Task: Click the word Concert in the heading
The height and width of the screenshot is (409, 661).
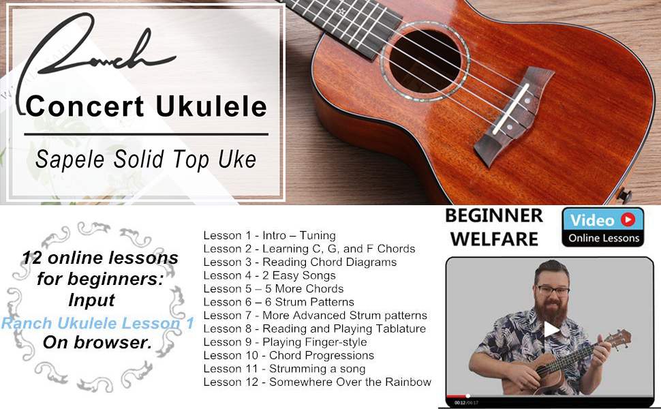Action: pyautogui.click(x=85, y=106)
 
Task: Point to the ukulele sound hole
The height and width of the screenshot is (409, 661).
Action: pyautogui.click(x=425, y=61)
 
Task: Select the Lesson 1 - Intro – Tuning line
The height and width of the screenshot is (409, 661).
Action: pyautogui.click(x=269, y=235)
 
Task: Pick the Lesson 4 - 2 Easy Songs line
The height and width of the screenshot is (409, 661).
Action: pyautogui.click(x=269, y=275)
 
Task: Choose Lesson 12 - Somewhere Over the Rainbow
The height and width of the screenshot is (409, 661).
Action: pyautogui.click(x=317, y=382)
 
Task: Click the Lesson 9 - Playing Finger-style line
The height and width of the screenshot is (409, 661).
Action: pyautogui.click(x=285, y=342)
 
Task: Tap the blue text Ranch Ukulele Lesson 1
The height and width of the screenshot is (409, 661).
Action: pyautogui.click(x=97, y=323)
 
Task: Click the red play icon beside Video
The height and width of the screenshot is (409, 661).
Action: pyautogui.click(x=628, y=219)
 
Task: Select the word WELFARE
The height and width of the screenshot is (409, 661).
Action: pyautogui.click(x=494, y=239)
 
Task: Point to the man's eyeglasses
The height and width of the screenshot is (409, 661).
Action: pyautogui.click(x=552, y=290)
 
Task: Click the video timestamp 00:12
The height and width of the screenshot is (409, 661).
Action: pyautogui.click(x=460, y=403)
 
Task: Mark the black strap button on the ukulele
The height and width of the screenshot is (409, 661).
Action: pyautogui.click(x=624, y=196)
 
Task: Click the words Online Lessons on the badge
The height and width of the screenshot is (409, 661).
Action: pyautogui.click(x=604, y=238)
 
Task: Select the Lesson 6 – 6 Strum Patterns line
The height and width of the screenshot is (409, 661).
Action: pyautogui.click(x=279, y=302)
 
